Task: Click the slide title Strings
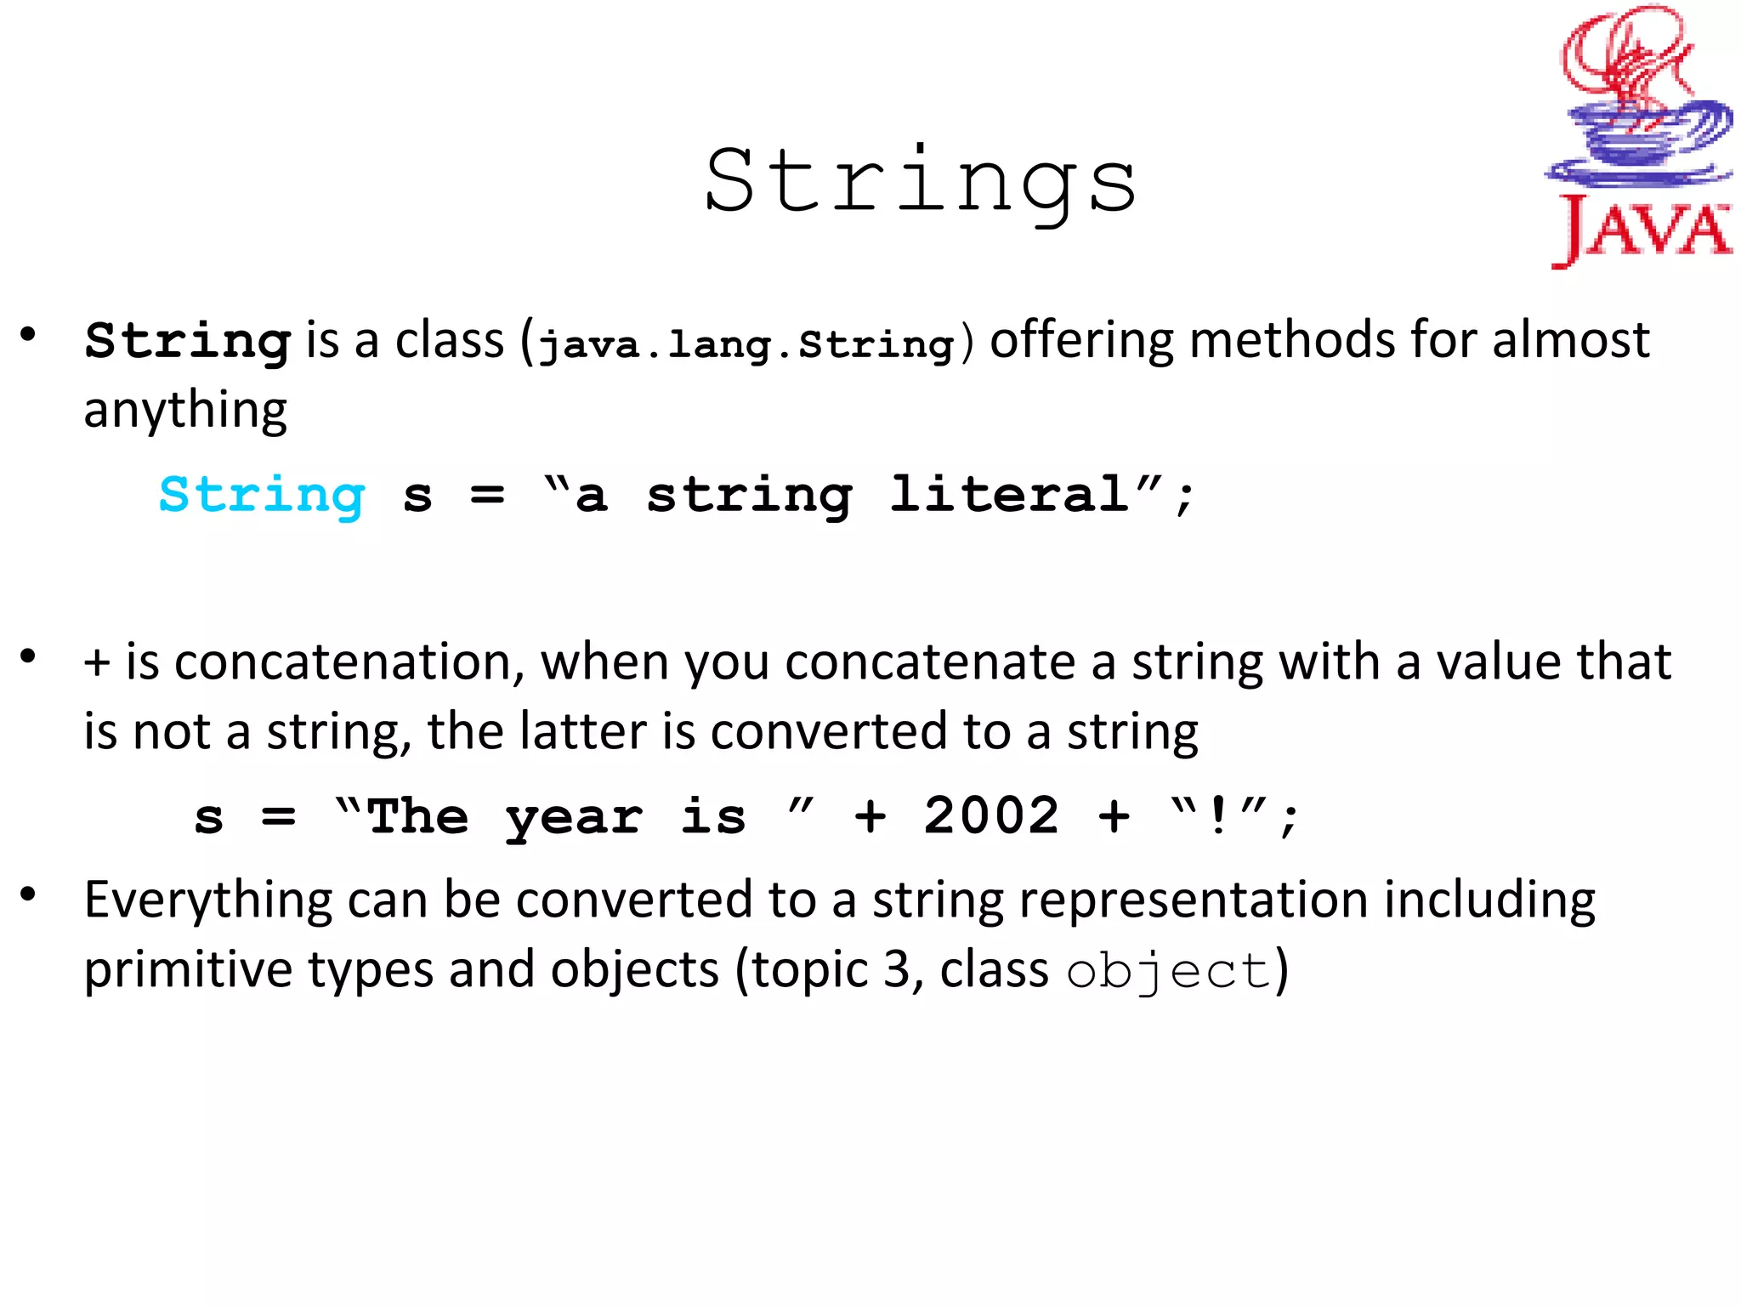click(x=920, y=182)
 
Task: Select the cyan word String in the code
click(x=262, y=495)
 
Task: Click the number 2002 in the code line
click(x=991, y=816)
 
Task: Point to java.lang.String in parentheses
click(x=747, y=344)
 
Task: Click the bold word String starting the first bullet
click(x=188, y=342)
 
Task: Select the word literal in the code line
click(x=1009, y=495)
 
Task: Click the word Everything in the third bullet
click(x=208, y=901)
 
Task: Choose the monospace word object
click(x=1168, y=971)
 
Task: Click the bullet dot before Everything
click(x=29, y=894)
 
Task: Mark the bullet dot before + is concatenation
click(x=29, y=656)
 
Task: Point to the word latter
click(x=583, y=732)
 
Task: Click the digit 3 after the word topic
click(x=896, y=971)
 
